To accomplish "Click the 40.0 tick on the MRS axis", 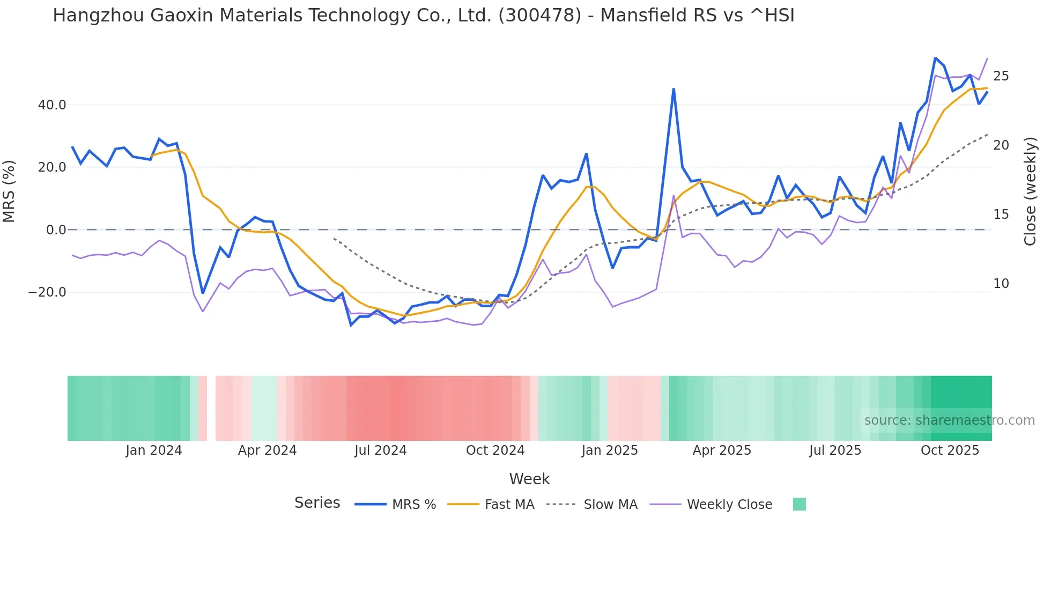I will [x=52, y=105].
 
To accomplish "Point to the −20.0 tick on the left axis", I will [x=47, y=292].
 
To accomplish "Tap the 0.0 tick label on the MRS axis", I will [x=56, y=230].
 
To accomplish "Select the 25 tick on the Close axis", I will [x=1001, y=76].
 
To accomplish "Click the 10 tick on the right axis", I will [x=1001, y=284].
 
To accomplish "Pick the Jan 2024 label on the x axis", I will [x=154, y=450].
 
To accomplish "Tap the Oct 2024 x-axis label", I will [x=495, y=450].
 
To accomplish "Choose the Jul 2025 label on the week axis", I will [x=835, y=450].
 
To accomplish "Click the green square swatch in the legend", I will [x=799, y=504].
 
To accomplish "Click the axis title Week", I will [x=529, y=479].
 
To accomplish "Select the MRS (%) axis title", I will [x=9, y=191].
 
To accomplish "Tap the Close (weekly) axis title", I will [x=1030, y=191].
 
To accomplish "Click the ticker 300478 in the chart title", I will [x=539, y=16].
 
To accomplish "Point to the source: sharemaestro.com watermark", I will [x=949, y=420].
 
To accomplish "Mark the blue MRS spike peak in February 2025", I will [x=673, y=89].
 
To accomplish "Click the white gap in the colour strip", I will [x=211, y=408].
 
